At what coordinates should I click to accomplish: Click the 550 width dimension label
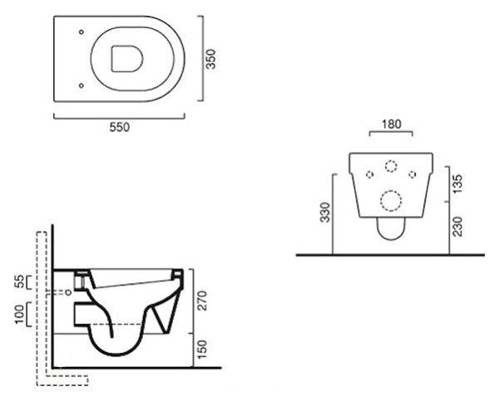pyautogui.click(x=120, y=127)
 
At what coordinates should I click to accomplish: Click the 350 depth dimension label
pyautogui.click(x=210, y=59)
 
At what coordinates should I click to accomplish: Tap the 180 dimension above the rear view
pyautogui.click(x=392, y=124)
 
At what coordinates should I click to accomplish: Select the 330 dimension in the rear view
pyautogui.click(x=325, y=213)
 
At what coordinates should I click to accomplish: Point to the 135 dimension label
pyautogui.click(x=457, y=183)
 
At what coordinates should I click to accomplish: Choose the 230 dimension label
pyautogui.click(x=457, y=227)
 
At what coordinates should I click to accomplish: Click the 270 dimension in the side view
pyautogui.click(x=202, y=301)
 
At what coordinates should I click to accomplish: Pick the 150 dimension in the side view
pyautogui.click(x=202, y=350)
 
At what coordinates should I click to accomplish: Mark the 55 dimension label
pyautogui.click(x=20, y=281)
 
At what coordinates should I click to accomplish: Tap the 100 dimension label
pyautogui.click(x=20, y=314)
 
